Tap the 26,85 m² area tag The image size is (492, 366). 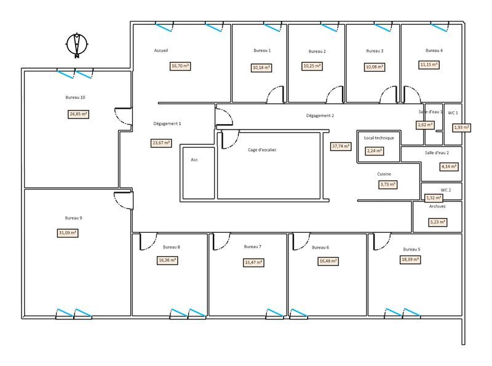click(78, 114)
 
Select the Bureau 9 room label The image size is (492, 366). click(73, 217)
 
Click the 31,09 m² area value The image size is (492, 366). click(67, 233)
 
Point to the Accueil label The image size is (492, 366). click(161, 50)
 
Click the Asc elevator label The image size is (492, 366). click(194, 160)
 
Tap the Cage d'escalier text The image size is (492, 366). click(262, 150)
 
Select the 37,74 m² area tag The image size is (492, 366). click(341, 146)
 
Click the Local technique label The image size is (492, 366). click(379, 138)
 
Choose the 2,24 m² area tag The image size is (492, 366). click(375, 150)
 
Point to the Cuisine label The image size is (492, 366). click(384, 174)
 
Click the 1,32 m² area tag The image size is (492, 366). click(434, 198)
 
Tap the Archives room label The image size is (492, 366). click(437, 206)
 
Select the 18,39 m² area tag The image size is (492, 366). click(410, 260)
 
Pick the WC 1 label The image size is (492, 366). click(453, 113)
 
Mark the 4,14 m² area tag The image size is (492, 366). click(449, 166)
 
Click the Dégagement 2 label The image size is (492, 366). click(320, 115)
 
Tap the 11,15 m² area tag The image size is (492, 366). click(429, 64)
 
